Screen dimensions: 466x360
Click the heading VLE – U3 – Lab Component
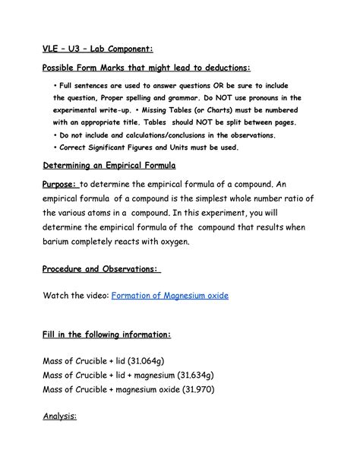96,49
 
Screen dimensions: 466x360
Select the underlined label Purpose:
58,185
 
